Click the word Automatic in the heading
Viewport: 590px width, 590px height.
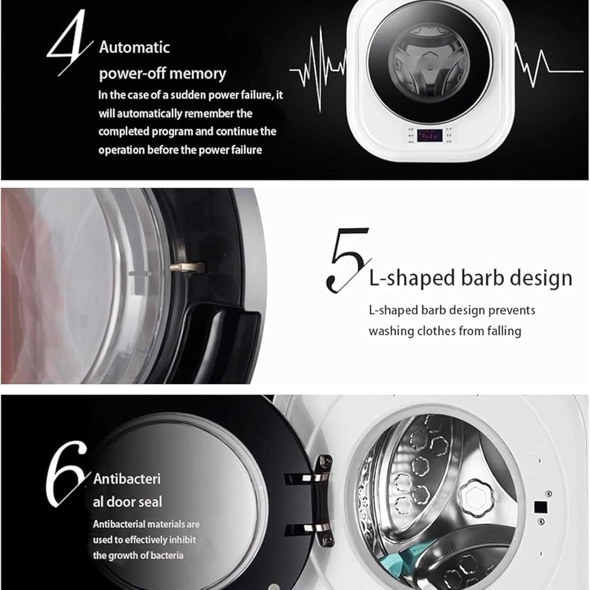134,48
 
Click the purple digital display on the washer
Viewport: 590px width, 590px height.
430,136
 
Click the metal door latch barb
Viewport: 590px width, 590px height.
188,267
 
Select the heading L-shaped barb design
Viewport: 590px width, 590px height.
470,278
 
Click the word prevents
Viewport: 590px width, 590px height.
512,310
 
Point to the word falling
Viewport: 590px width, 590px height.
504,331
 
